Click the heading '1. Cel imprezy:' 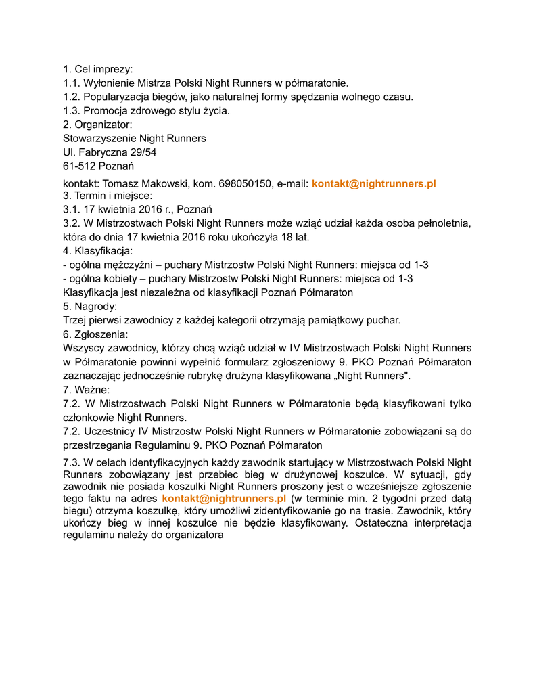pos(97,69)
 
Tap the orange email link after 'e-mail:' pos(373,183)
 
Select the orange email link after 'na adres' pos(224,499)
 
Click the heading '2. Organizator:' pos(97,125)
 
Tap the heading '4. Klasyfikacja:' pos(97,251)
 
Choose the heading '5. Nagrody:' pos(90,307)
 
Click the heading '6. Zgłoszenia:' pos(95,334)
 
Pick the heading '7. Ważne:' pos(86,390)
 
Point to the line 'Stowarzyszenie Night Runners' pos(135,138)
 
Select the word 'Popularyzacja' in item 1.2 pos(116,97)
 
